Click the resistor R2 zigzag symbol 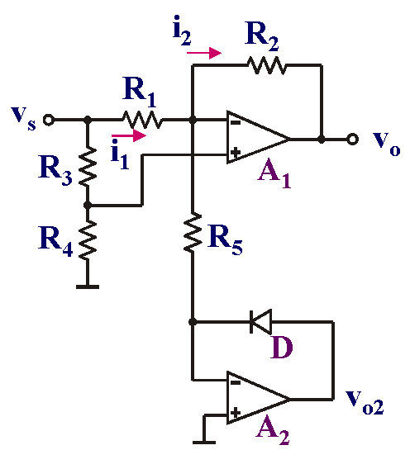tap(267, 65)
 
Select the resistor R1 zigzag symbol tap(142, 120)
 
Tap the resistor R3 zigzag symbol tap(88, 167)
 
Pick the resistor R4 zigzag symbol tap(88, 240)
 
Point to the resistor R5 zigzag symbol tap(193, 233)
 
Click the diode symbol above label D tap(260, 322)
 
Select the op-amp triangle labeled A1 tap(258, 137)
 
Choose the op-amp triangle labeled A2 tap(258, 397)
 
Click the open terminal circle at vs tap(48, 120)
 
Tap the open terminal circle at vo tap(352, 140)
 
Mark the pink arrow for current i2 tap(204, 53)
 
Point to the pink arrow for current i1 tap(129, 135)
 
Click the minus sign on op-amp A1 tap(236, 123)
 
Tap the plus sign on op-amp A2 tap(236, 413)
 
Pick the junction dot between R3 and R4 tap(88, 206)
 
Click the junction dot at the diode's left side tap(193, 322)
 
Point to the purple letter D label tap(282, 348)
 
